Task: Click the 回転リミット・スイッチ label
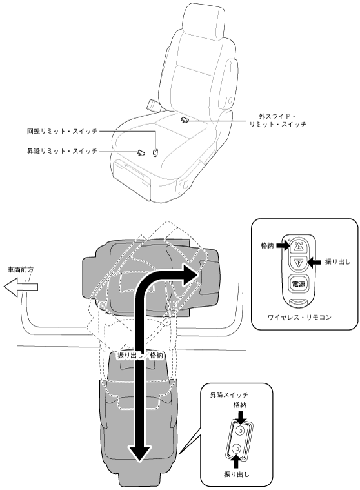point(62,131)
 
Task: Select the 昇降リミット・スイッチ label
point(62,151)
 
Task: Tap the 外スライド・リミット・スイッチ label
point(277,120)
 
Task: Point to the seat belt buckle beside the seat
point(154,105)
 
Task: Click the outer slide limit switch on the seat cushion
point(185,119)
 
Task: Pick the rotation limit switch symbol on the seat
point(155,152)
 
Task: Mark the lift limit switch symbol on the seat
point(141,152)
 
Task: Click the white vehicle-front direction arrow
point(21,287)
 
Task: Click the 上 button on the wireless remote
point(299,247)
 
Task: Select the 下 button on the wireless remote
point(299,263)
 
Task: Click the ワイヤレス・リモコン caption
point(299,317)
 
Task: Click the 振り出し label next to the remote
point(337,262)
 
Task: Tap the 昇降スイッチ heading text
point(229,395)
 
